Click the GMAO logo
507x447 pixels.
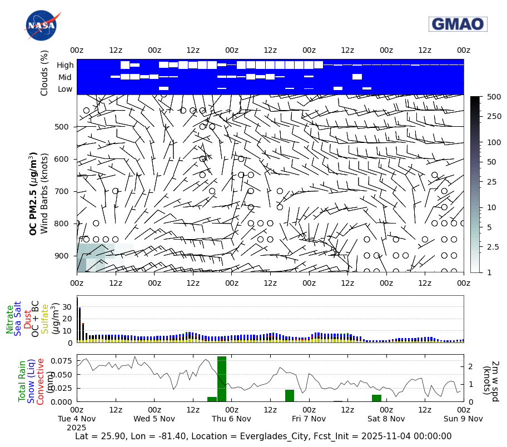[x=458, y=24]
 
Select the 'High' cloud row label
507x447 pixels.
[x=65, y=65]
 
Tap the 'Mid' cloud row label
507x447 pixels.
[x=66, y=77]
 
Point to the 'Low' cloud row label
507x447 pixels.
[x=65, y=89]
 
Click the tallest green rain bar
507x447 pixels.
[x=222, y=379]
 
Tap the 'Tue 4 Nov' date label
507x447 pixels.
[x=77, y=418]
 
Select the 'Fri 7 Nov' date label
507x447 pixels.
[x=309, y=418]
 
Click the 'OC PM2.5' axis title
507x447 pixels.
[x=33, y=193]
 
